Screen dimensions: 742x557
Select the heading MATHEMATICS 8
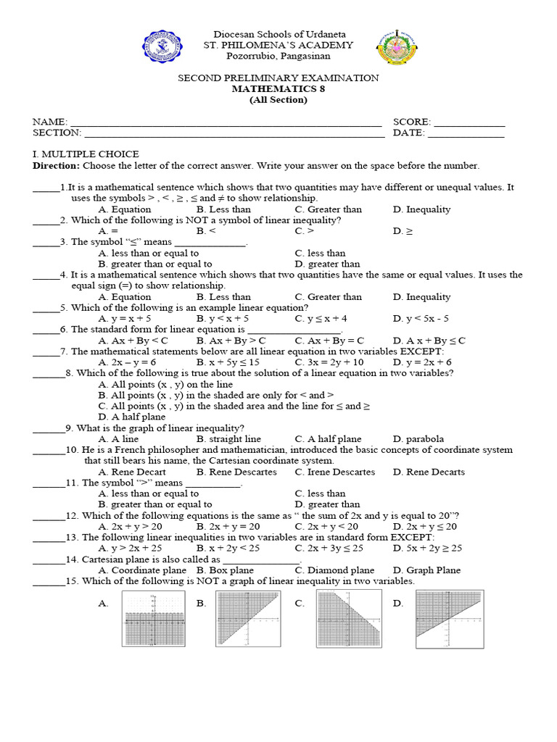[x=278, y=88]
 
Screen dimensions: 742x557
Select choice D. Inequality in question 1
[x=421, y=209]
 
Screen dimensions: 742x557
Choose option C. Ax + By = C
[x=329, y=340]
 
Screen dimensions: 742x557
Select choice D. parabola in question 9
[x=418, y=438]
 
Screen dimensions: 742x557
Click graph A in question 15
[x=153, y=618]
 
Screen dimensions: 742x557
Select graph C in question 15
[x=348, y=618]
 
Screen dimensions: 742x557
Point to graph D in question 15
[x=449, y=617]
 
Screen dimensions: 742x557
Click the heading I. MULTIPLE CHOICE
[x=86, y=154]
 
